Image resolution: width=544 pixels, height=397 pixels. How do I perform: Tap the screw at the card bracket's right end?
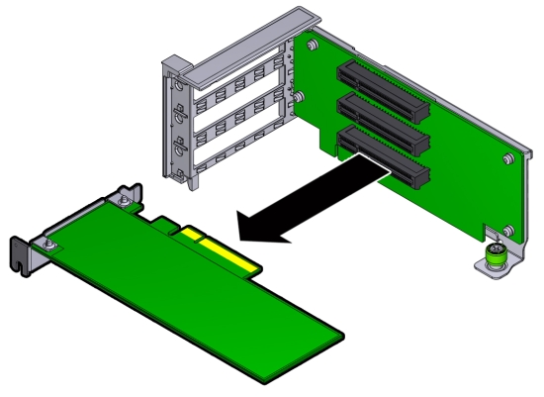click(119, 202)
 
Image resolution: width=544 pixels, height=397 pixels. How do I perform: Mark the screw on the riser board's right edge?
click(505, 157)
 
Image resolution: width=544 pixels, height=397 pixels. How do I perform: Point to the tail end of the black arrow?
click(384, 173)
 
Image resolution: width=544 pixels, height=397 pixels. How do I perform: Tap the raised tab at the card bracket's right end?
click(129, 190)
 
